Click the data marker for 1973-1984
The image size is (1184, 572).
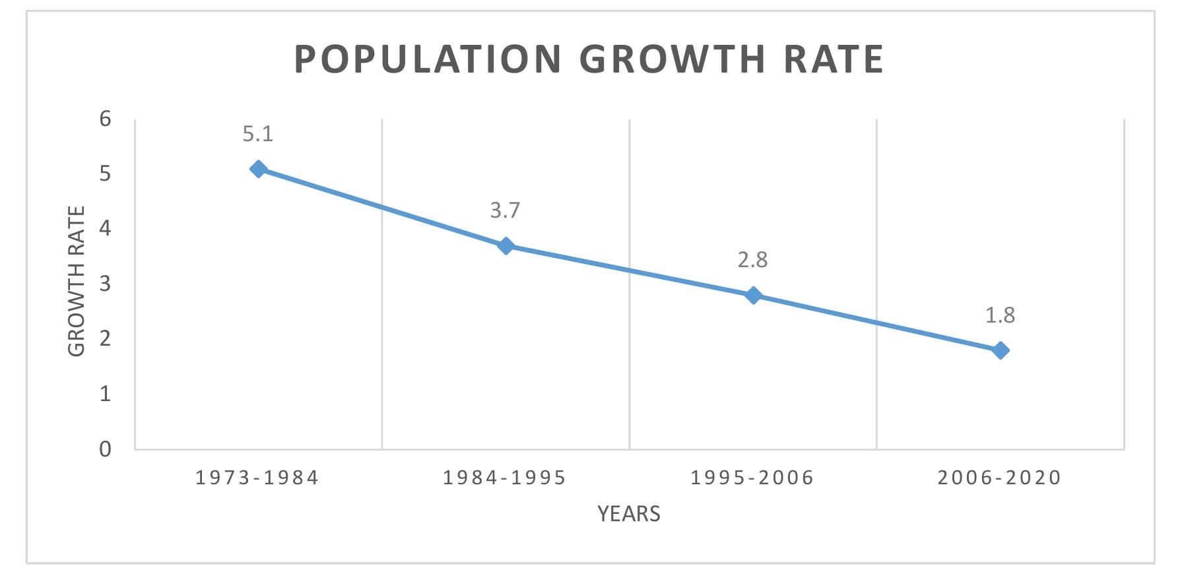pyautogui.click(x=258, y=169)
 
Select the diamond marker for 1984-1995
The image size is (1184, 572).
pyautogui.click(x=506, y=246)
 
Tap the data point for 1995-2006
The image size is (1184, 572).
pyautogui.click(x=753, y=296)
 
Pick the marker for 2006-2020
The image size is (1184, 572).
pyautogui.click(x=1001, y=350)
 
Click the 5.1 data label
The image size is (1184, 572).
pyautogui.click(x=258, y=135)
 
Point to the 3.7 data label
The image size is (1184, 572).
pyautogui.click(x=506, y=210)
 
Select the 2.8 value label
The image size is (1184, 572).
pyautogui.click(x=753, y=260)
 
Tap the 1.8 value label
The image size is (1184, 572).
pyautogui.click(x=1001, y=315)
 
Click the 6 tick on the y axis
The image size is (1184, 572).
pyautogui.click(x=106, y=119)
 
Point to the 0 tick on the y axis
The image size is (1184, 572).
pyautogui.click(x=106, y=449)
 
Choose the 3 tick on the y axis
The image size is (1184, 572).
pyautogui.click(x=106, y=284)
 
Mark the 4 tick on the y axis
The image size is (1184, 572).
pyautogui.click(x=106, y=229)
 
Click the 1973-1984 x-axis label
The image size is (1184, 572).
pyautogui.click(x=257, y=478)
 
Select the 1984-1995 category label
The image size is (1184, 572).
pyautogui.click(x=505, y=478)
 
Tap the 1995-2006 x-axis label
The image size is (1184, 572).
pyautogui.click(x=752, y=478)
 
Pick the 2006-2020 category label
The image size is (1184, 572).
pyautogui.click(x=1000, y=478)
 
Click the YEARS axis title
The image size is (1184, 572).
pyautogui.click(x=629, y=514)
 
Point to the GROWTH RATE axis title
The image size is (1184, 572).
pyautogui.click(x=77, y=282)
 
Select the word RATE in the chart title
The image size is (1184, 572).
pyautogui.click(x=834, y=59)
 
